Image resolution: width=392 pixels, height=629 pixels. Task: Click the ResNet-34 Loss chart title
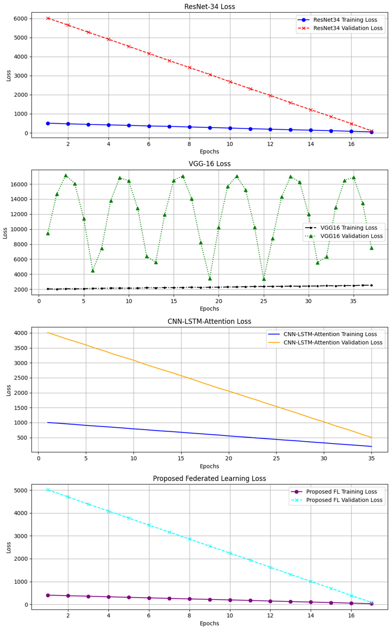coord(209,7)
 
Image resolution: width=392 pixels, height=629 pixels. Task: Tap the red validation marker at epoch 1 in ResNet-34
coord(48,18)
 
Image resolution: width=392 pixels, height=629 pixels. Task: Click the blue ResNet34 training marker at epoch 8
coord(189,127)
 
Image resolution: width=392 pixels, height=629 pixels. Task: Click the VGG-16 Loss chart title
coord(209,164)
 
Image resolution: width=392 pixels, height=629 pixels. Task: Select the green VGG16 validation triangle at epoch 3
coord(66,176)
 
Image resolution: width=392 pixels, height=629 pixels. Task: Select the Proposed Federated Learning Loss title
coord(209,479)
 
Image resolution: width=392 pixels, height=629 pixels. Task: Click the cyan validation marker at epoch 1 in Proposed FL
coord(48,490)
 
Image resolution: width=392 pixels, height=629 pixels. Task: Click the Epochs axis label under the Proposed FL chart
coord(209,623)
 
